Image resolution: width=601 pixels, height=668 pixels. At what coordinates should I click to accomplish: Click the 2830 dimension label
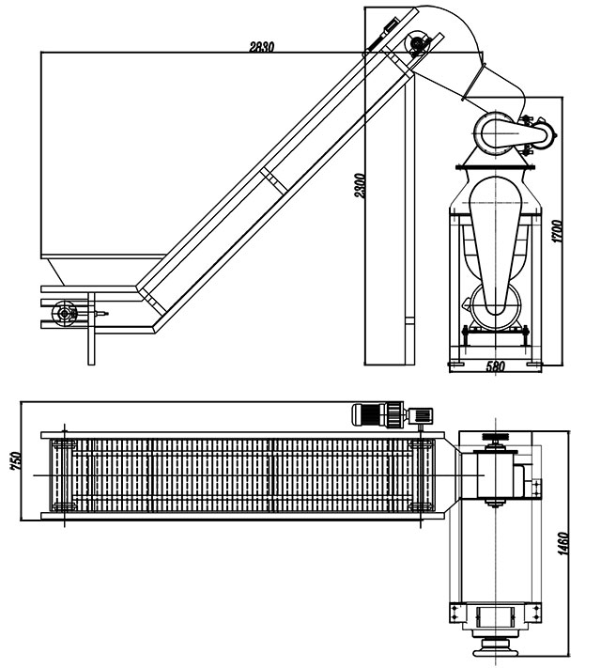[x=262, y=47]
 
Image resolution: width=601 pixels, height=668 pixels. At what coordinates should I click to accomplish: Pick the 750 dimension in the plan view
[x=14, y=462]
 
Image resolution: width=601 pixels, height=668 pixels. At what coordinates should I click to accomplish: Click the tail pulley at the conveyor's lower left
[x=66, y=312]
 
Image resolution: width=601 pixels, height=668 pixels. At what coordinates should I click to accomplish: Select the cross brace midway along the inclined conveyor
[x=270, y=179]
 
